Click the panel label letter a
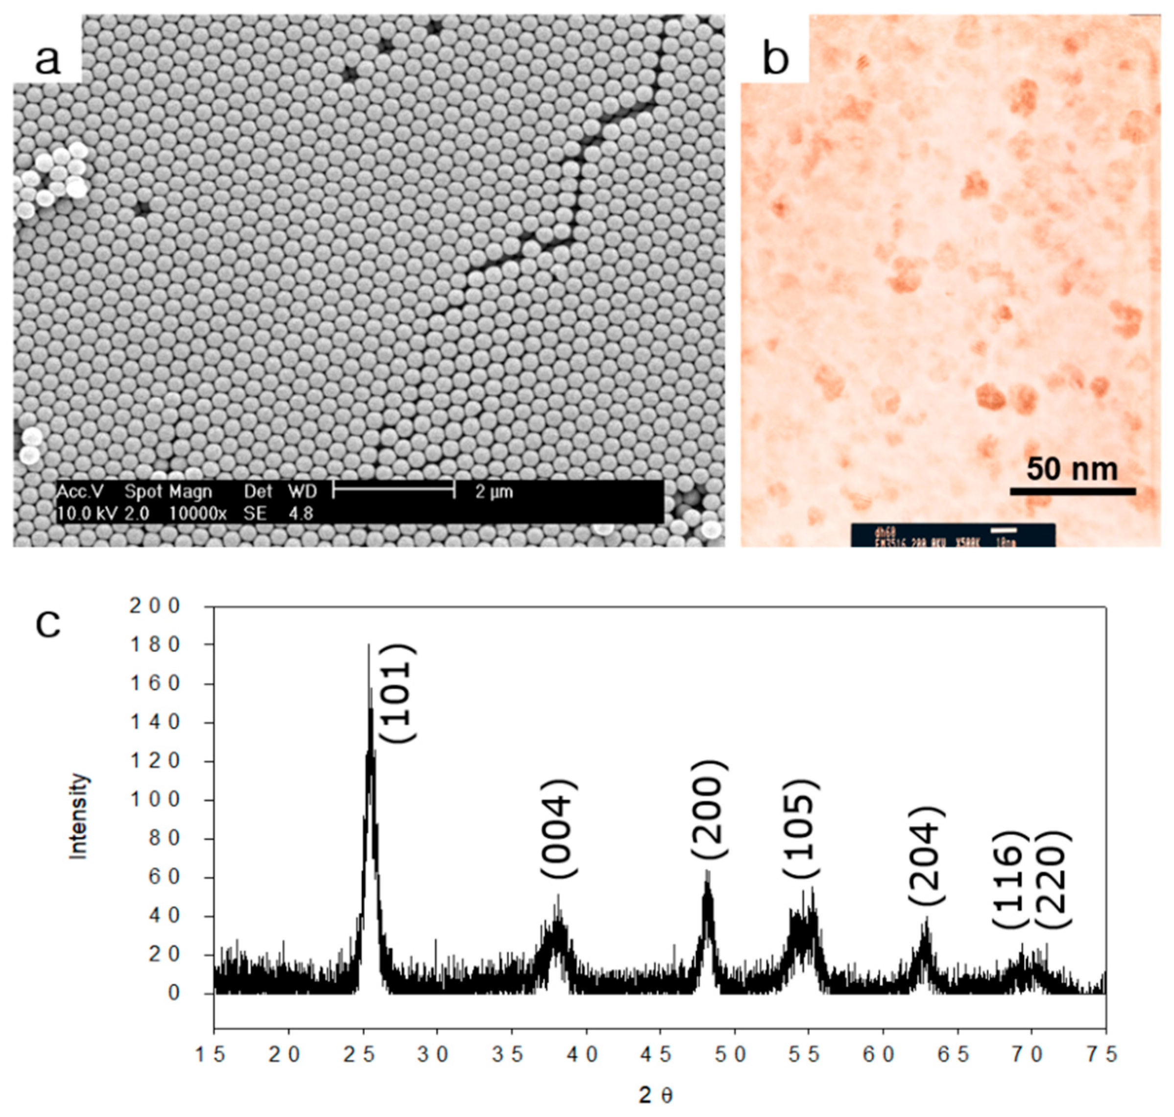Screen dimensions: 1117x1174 tap(48, 60)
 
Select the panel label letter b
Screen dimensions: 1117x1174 tap(776, 60)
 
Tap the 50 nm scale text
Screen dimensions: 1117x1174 tap(1072, 470)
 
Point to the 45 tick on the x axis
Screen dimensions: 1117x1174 tap(659, 1054)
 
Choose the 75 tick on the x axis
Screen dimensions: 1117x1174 tap(1105, 1054)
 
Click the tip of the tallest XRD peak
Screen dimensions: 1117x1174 tap(368, 645)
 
